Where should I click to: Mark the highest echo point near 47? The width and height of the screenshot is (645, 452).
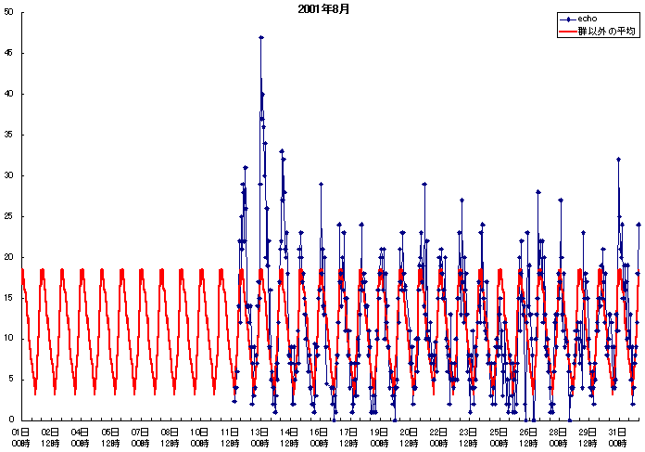261,38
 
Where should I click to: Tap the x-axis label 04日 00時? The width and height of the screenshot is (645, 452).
81,437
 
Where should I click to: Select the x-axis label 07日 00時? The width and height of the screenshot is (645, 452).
140,437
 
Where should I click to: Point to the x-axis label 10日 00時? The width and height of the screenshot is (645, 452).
200,437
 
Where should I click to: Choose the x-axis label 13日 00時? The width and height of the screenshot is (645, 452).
260,437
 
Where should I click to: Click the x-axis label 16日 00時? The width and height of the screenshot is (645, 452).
320,437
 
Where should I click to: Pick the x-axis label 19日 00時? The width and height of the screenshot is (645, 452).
379,437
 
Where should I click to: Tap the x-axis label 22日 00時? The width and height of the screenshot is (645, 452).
439,437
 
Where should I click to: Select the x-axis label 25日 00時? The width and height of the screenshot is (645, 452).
499,437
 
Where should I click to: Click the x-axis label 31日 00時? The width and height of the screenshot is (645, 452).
618,437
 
